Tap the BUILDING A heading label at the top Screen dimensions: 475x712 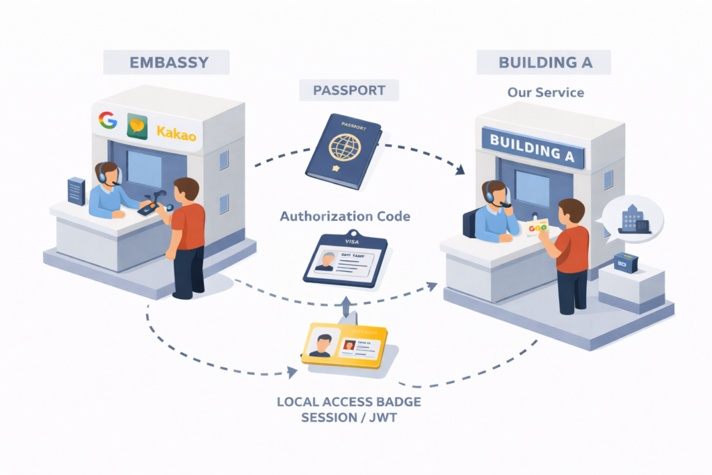[544, 62]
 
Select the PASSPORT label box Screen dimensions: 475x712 [350, 90]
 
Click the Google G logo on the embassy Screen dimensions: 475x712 [108, 120]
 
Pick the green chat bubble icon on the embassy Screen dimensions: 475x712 [137, 127]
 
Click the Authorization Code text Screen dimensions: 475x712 [345, 216]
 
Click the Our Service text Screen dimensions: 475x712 [545, 92]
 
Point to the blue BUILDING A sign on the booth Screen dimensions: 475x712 [533, 147]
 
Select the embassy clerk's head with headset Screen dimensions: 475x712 [107, 173]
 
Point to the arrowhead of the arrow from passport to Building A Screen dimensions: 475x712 [460, 170]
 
